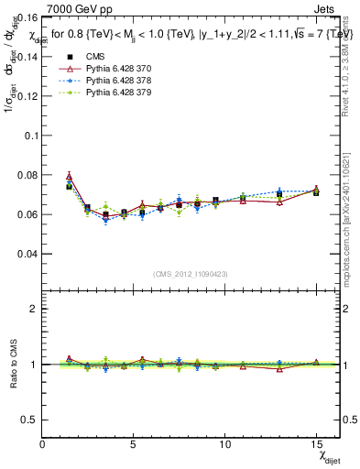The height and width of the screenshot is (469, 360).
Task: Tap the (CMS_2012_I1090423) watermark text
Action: coord(190,274)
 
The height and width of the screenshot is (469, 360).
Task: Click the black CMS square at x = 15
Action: coord(316,192)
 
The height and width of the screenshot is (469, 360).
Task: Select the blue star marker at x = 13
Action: coord(279,191)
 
